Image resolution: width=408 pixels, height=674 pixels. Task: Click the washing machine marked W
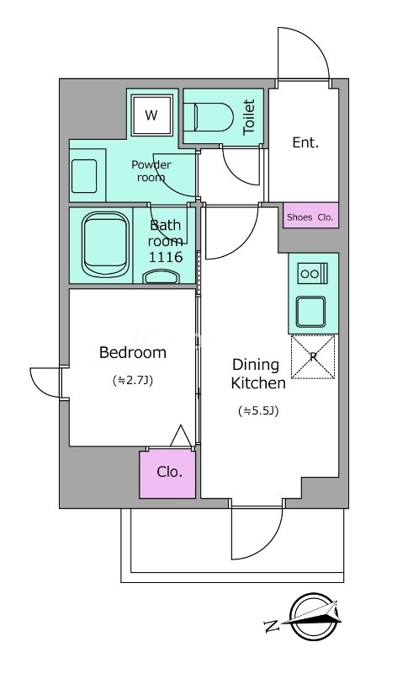click(x=151, y=115)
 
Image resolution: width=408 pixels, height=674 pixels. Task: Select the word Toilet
click(x=249, y=117)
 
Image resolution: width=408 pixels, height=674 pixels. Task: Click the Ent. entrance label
click(x=305, y=142)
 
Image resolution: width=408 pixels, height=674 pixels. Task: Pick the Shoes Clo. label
click(x=310, y=217)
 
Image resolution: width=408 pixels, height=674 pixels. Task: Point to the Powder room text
click(x=151, y=171)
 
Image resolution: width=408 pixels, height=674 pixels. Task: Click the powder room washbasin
click(x=84, y=176)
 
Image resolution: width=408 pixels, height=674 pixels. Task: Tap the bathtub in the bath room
click(x=105, y=245)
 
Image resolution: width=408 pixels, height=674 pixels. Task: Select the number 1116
click(x=166, y=257)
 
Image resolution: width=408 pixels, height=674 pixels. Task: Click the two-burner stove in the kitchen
click(x=313, y=273)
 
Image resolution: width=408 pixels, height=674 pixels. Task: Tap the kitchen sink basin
click(x=310, y=312)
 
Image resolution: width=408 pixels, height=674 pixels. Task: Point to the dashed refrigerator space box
click(x=313, y=356)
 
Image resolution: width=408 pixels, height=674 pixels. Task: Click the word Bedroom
click(x=133, y=352)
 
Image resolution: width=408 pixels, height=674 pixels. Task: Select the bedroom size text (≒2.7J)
click(x=133, y=380)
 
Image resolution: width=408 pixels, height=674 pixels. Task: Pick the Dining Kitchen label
click(x=258, y=373)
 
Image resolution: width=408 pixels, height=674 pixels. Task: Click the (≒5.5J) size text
click(x=258, y=411)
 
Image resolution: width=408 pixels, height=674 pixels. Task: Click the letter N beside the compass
click(x=272, y=625)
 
